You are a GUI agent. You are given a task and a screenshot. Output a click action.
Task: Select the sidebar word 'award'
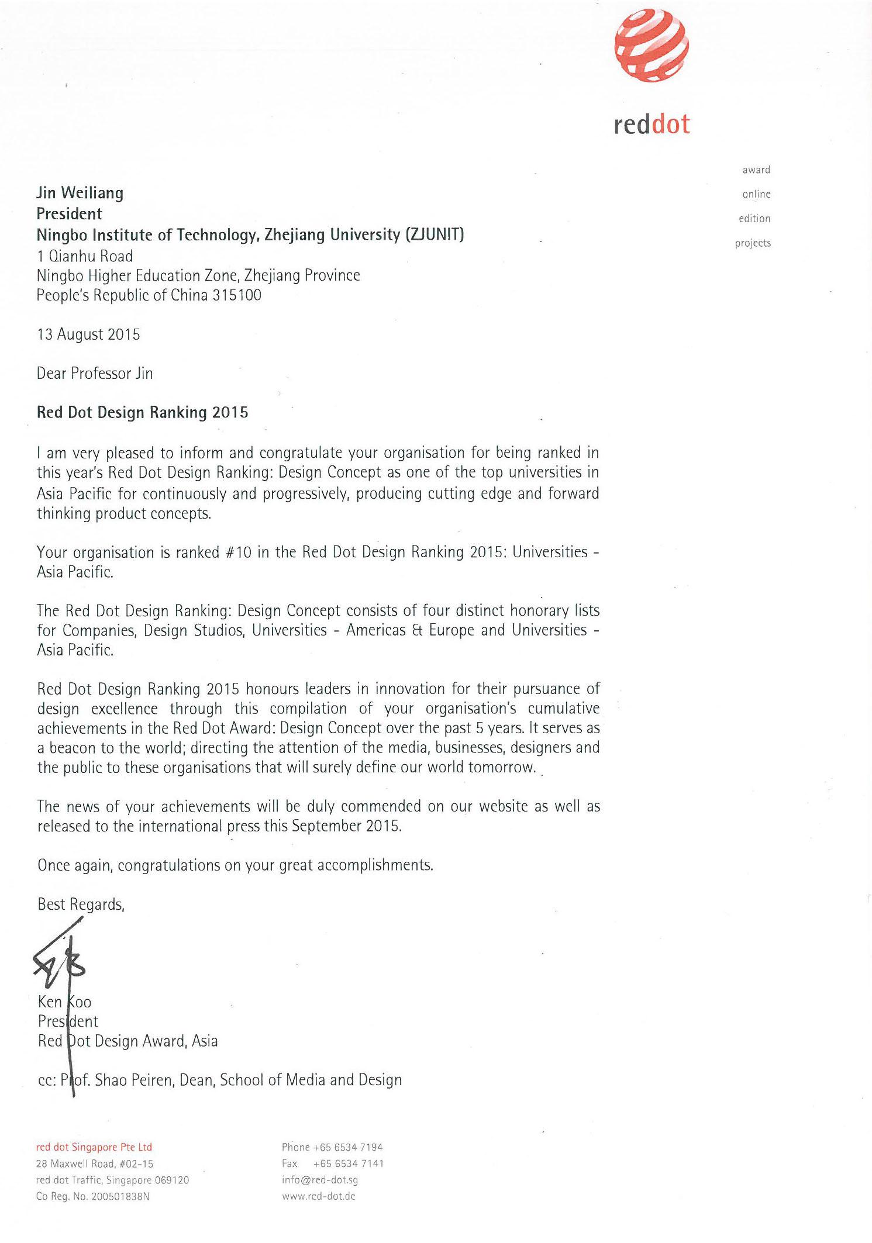(756, 170)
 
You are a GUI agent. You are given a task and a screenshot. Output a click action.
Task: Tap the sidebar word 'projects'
(753, 243)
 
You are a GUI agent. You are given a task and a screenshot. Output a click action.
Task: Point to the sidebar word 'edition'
(754, 219)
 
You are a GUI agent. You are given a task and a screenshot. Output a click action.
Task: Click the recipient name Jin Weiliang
(80, 193)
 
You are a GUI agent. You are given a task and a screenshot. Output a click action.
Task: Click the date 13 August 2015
(88, 334)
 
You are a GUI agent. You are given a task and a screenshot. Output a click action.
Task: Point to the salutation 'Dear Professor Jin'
(95, 374)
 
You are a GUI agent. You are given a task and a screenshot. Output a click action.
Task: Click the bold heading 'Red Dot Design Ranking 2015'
(142, 413)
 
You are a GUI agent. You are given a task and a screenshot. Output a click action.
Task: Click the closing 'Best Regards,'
(81, 904)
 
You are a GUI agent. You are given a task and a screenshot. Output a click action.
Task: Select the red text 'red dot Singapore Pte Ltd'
(94, 1147)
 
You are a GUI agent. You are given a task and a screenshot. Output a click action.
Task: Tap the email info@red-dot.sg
(320, 1180)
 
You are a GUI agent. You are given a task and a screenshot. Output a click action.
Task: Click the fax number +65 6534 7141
(349, 1163)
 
